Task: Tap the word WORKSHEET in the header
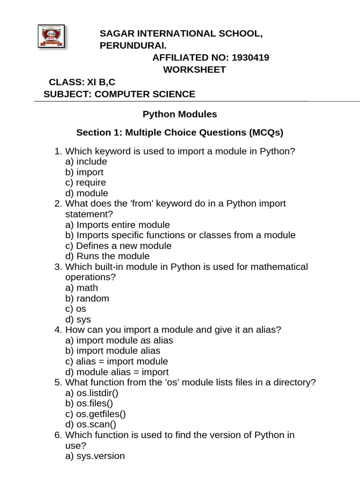click(194, 70)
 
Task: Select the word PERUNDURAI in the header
click(133, 45)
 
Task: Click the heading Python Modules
click(180, 114)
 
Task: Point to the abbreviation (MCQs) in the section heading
click(266, 133)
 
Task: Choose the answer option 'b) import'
click(84, 172)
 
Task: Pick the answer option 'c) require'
click(86, 182)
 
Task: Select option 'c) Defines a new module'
click(119, 246)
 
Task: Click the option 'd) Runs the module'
click(107, 256)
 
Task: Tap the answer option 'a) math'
click(82, 288)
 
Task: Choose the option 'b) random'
click(87, 299)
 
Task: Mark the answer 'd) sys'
click(78, 320)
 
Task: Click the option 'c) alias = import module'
click(117, 361)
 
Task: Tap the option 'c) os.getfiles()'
click(96, 414)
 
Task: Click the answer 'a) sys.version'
click(95, 456)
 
